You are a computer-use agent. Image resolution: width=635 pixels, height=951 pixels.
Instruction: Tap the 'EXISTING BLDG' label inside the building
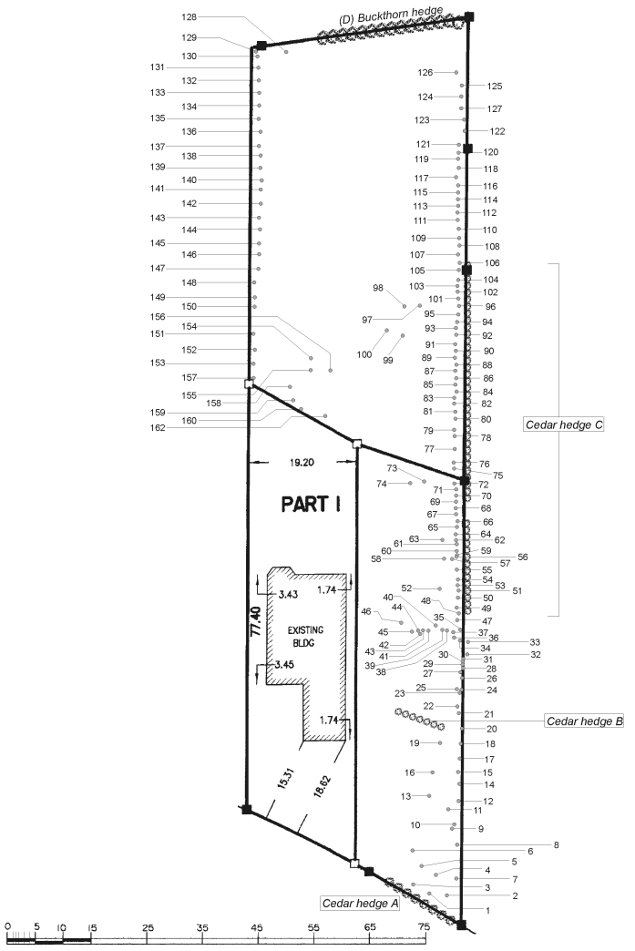tap(305, 637)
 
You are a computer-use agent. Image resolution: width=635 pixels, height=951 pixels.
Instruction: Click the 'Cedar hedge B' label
tap(583, 721)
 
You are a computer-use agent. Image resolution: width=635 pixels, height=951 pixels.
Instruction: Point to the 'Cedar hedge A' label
tap(360, 905)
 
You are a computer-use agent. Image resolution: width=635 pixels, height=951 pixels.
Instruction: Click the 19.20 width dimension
tap(302, 463)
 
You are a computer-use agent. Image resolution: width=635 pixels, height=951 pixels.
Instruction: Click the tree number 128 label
tap(189, 16)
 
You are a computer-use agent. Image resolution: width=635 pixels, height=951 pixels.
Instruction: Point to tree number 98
tap(378, 288)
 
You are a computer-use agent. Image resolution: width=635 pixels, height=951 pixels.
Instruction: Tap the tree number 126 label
tap(425, 72)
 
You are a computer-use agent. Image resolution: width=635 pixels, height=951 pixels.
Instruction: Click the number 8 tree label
tap(556, 845)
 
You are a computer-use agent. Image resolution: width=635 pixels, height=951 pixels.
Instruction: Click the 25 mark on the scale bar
tap(148, 926)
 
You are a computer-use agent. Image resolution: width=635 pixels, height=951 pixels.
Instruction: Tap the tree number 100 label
tap(364, 354)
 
